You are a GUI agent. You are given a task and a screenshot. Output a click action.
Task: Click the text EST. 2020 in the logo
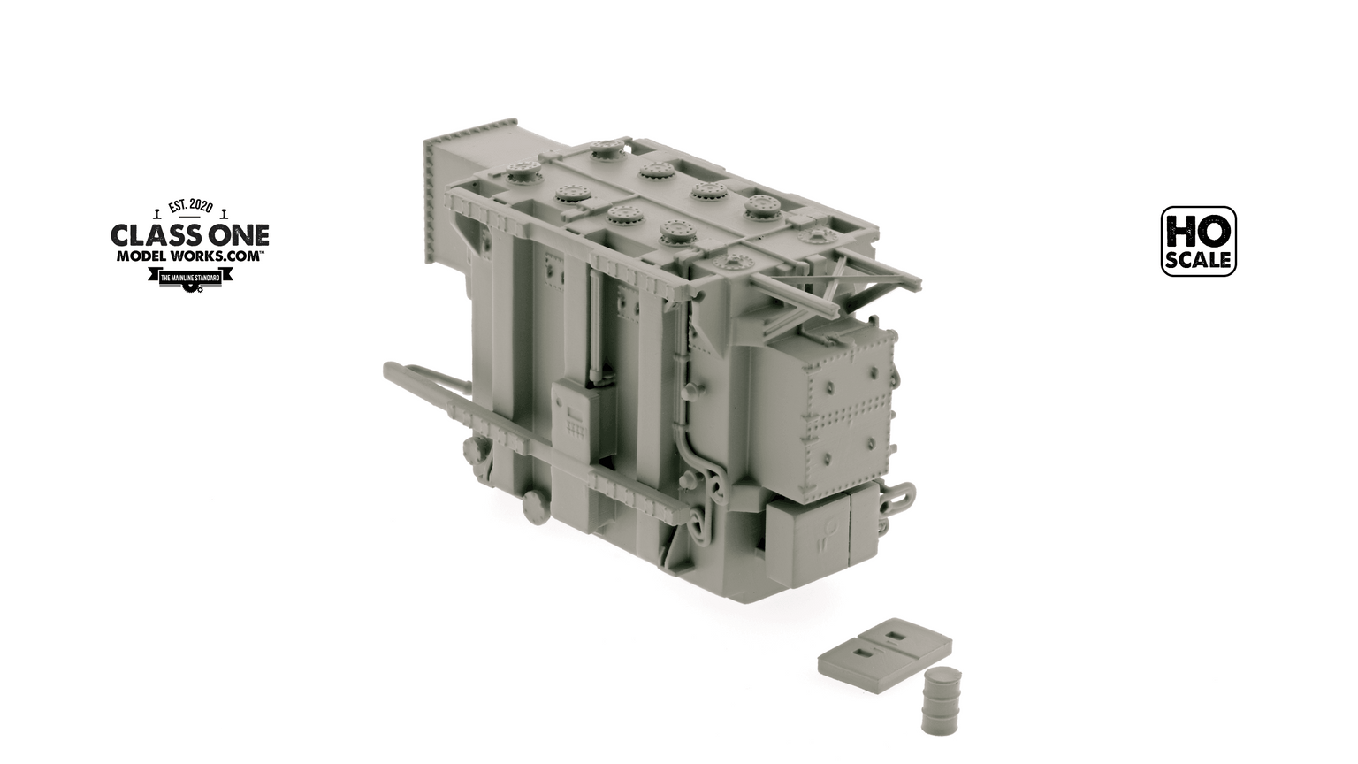point(189,207)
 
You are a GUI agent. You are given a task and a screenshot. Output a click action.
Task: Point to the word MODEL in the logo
point(141,256)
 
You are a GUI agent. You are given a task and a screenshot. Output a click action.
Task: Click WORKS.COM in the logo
point(218,256)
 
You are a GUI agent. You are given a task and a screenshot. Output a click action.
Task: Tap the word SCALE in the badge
point(1198,261)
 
